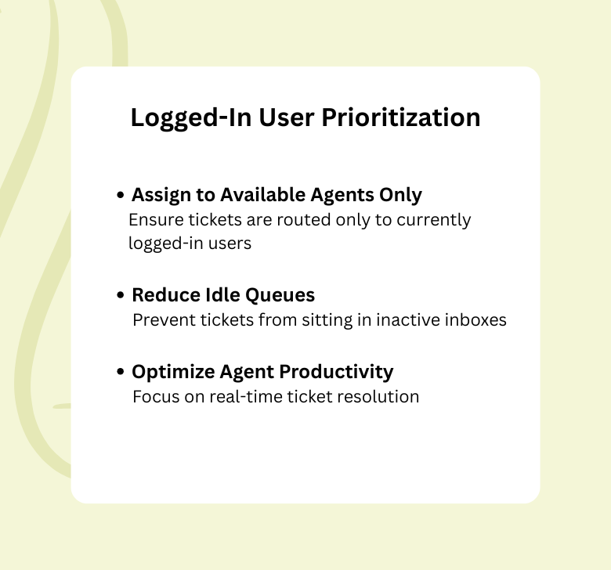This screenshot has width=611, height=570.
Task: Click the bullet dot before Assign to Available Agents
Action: (x=121, y=195)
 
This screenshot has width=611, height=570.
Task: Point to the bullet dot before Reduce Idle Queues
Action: (x=121, y=295)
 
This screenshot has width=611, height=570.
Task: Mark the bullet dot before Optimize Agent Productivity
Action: (x=121, y=371)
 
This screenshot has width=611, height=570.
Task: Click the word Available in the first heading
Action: (x=260, y=194)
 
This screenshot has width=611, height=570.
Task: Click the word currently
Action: (x=434, y=219)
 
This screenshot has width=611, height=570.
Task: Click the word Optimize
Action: (x=168, y=371)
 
